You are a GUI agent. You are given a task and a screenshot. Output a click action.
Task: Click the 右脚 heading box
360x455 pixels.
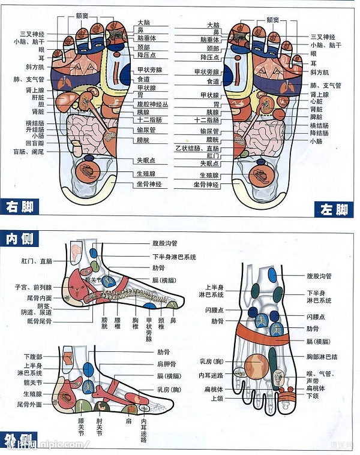19,207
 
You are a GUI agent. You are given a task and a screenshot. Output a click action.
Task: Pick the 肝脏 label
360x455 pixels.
37,97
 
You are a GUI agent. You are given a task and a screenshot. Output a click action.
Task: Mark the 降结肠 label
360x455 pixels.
319,133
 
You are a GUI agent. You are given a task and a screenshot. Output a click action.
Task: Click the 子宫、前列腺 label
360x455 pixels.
30,288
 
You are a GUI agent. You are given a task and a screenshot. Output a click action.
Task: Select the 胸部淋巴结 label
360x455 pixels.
322,357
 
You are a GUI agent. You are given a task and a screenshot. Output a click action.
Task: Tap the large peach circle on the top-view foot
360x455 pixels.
256,366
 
